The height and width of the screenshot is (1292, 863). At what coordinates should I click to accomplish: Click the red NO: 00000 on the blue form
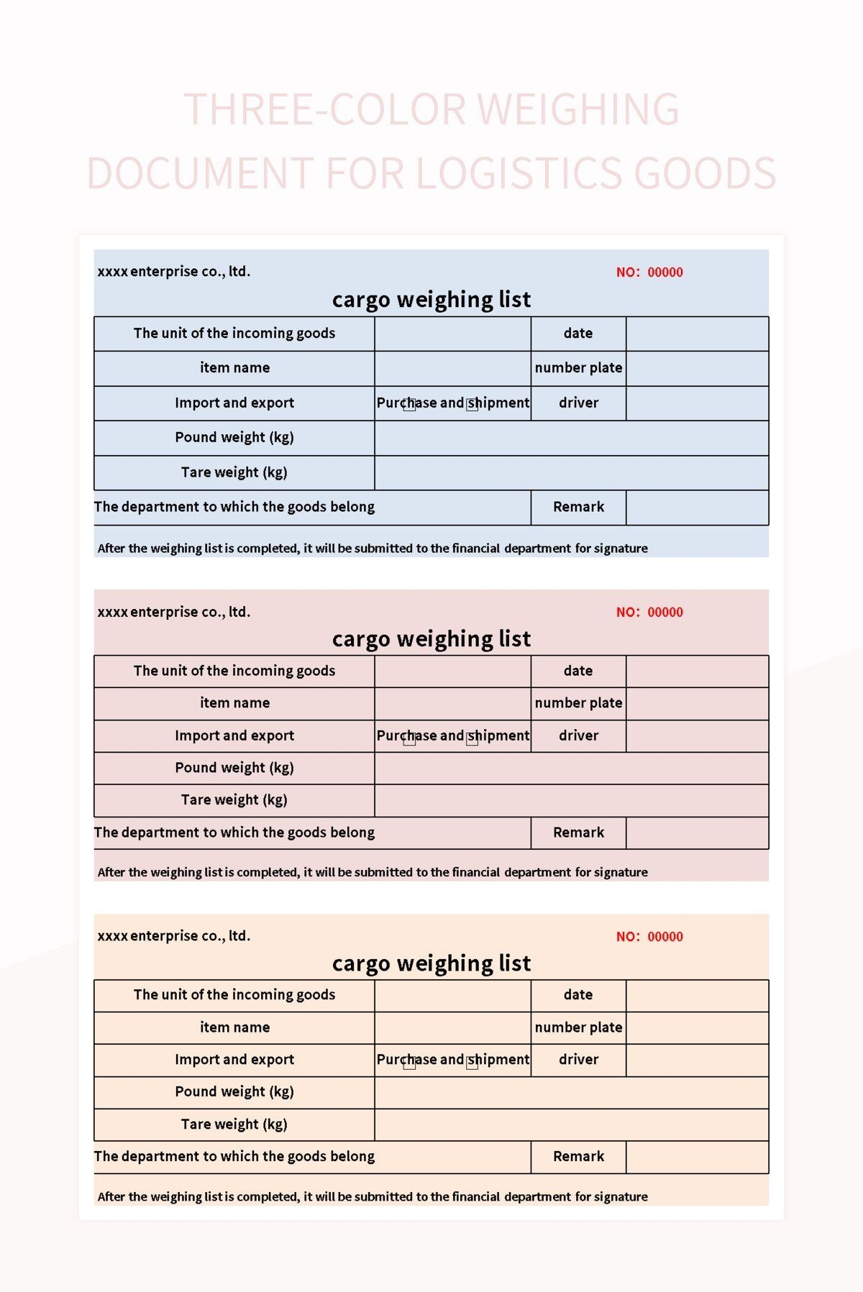(649, 272)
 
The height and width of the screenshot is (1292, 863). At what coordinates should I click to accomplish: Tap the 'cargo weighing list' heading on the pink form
(431, 638)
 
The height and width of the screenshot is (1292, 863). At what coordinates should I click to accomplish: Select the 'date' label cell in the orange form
(578, 995)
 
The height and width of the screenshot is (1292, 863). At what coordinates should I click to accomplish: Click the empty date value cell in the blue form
(697, 334)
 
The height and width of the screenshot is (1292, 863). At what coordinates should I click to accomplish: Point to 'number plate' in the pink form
(578, 703)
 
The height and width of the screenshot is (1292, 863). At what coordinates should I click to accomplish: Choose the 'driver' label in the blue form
(578, 403)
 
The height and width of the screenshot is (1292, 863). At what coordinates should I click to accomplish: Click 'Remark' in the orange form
(578, 1156)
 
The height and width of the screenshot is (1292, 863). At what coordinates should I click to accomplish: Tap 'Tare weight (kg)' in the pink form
(234, 800)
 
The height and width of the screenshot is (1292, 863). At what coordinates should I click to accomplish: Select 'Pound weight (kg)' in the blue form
(234, 437)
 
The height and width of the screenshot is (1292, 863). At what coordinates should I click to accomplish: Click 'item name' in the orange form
(234, 1027)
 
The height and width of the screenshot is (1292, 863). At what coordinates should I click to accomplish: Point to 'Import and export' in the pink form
(234, 736)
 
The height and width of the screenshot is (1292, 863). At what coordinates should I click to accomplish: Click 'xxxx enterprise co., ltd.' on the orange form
(174, 936)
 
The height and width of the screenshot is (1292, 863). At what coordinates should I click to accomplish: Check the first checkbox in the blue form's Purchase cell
(409, 404)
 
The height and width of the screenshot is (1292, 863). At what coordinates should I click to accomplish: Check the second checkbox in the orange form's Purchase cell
(472, 1062)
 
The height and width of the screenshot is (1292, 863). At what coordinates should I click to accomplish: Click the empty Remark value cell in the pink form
(697, 833)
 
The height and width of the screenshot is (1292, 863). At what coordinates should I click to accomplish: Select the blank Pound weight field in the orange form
(571, 1092)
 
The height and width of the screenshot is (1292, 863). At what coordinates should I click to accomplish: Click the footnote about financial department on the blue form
(373, 549)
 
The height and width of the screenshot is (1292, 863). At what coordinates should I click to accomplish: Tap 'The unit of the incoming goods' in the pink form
(234, 671)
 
